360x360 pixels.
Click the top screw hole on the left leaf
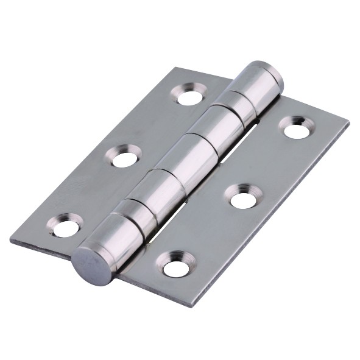click(189, 96)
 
